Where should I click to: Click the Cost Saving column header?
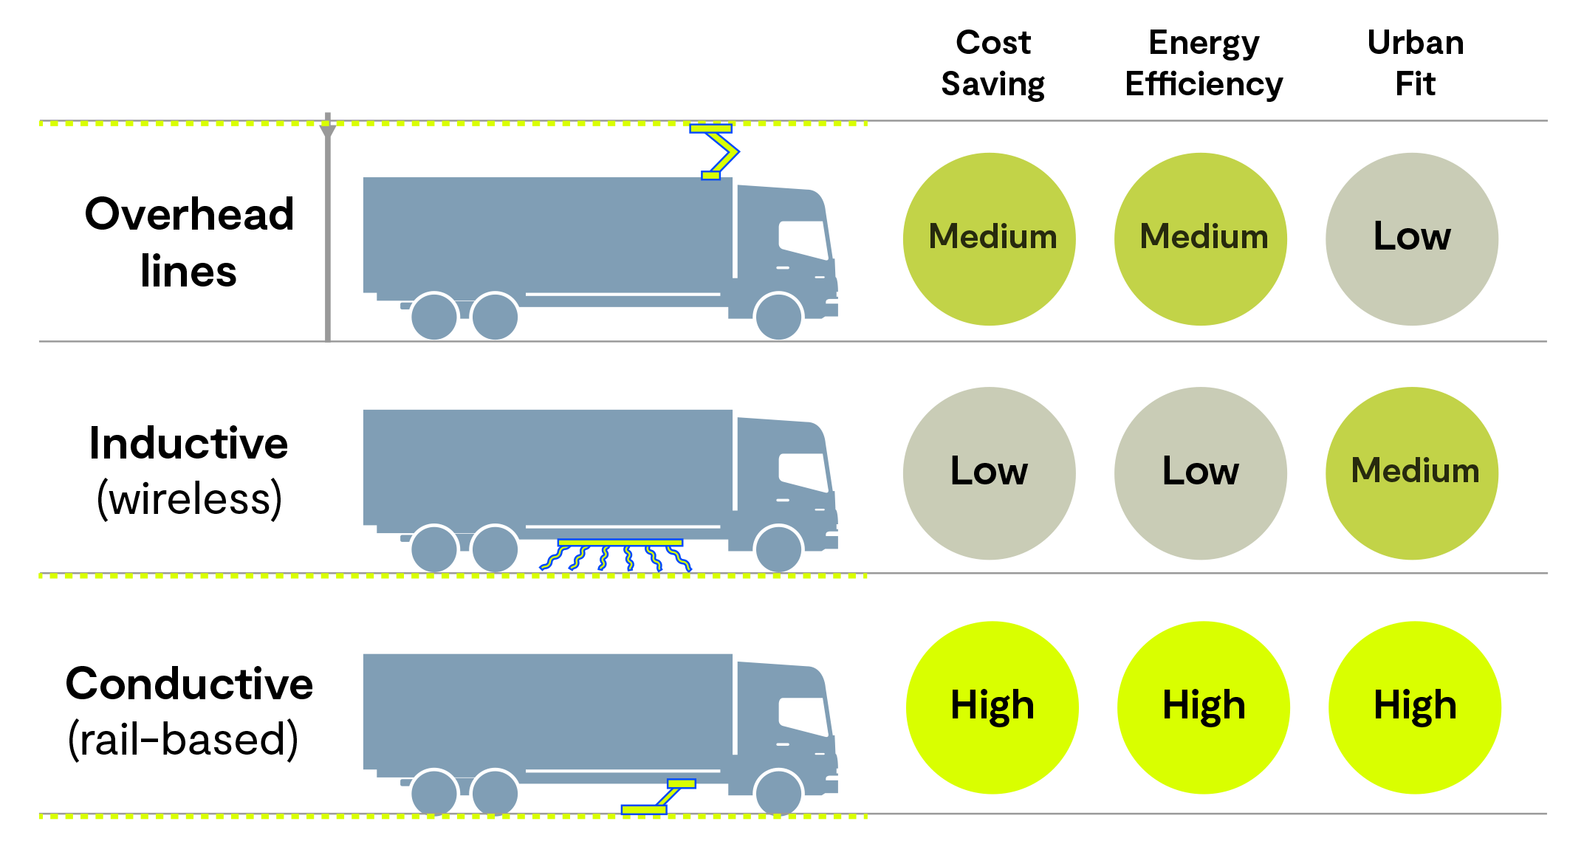(993, 63)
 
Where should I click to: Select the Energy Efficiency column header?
(1204, 63)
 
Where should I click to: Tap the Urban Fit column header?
(1416, 63)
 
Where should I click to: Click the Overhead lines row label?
(189, 242)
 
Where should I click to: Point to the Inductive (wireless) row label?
(189, 470)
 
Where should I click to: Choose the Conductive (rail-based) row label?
(189, 710)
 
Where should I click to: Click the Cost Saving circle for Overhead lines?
(990, 239)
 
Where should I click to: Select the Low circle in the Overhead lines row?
(1412, 239)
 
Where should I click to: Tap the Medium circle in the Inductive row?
(1412, 473)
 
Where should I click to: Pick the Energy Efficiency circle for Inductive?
(1201, 473)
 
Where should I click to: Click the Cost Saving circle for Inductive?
(990, 473)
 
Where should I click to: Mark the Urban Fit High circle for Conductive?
(1415, 707)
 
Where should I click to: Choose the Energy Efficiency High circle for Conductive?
(1204, 707)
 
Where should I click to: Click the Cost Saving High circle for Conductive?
(992, 707)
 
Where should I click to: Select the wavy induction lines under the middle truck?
(616, 558)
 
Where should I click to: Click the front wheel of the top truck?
(778, 316)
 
